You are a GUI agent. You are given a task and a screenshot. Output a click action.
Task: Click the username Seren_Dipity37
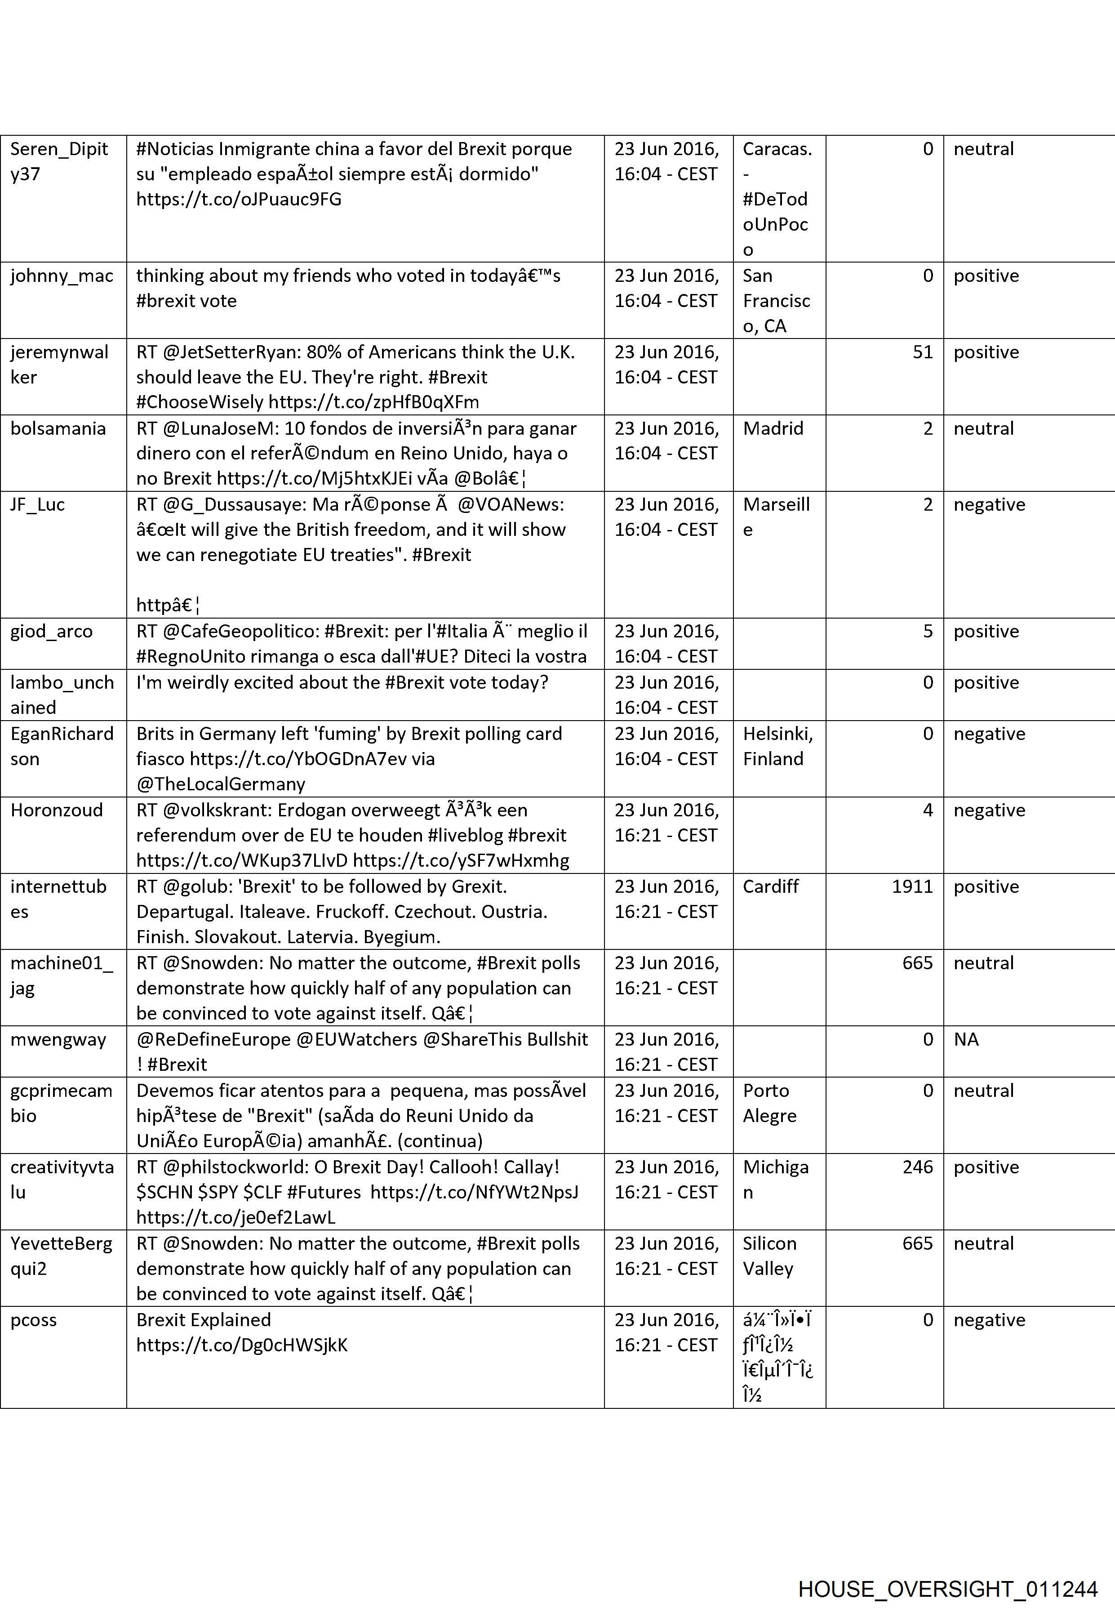[x=59, y=161]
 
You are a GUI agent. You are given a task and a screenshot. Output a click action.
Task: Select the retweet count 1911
[x=912, y=886]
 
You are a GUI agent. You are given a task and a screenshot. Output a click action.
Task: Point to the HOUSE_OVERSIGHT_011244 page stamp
[x=947, y=1570]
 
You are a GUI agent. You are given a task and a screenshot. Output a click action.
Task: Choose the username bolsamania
[x=58, y=428]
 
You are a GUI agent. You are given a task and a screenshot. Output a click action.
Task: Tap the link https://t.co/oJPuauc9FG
[x=239, y=199]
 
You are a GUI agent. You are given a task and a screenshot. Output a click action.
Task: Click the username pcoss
[x=34, y=1320]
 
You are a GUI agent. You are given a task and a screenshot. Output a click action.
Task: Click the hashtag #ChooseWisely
[x=200, y=402]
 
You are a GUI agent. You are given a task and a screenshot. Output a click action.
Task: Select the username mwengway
[x=58, y=1039]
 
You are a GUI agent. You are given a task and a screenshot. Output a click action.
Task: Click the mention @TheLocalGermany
[x=221, y=784]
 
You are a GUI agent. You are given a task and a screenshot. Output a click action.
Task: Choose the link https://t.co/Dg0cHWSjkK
[x=242, y=1345]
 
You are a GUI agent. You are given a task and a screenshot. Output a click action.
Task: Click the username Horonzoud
[x=57, y=810]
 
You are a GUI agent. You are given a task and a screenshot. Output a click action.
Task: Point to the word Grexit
[x=477, y=886]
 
